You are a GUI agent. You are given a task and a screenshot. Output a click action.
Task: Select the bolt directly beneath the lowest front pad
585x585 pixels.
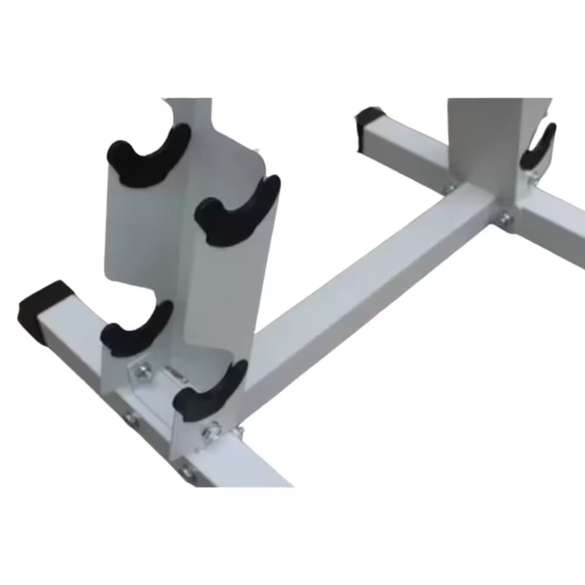[x=211, y=431]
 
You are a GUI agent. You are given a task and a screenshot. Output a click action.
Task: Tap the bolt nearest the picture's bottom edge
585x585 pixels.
[x=185, y=471]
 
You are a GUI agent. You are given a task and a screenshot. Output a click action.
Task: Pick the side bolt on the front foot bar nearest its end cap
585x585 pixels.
[x=129, y=417]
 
